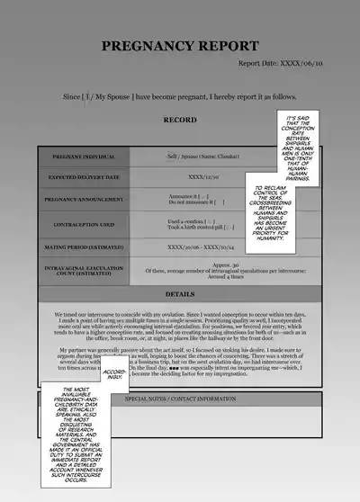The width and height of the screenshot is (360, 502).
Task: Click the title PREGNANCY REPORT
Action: (179, 46)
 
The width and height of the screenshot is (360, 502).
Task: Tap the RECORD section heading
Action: (179, 119)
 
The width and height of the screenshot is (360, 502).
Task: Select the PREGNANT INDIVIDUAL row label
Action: (86, 157)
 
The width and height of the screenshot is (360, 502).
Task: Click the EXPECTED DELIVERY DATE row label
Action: (86, 177)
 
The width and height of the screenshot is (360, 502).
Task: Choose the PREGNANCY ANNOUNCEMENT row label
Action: (86, 199)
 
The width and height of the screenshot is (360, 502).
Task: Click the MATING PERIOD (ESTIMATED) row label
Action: (86, 246)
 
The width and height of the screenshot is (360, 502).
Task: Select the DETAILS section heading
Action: (179, 294)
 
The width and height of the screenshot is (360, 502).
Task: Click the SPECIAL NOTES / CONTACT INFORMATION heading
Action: (179, 398)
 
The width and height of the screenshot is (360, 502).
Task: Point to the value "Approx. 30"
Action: (225, 265)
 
